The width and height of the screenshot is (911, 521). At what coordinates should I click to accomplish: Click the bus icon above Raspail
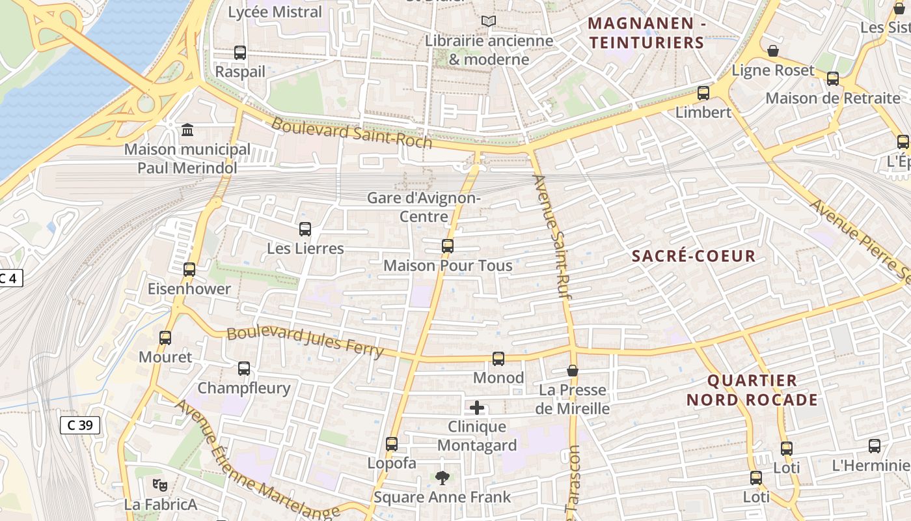pyautogui.click(x=240, y=53)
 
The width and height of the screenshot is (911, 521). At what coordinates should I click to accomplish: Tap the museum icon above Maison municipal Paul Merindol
pyautogui.click(x=187, y=130)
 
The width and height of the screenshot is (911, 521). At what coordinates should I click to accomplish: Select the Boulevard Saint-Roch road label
pyautogui.click(x=351, y=133)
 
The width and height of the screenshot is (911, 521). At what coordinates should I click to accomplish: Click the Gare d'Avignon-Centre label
pyautogui.click(x=424, y=207)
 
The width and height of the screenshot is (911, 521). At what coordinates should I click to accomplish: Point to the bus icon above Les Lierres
pyautogui.click(x=305, y=229)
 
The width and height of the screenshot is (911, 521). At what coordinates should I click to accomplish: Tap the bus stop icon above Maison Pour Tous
pyautogui.click(x=448, y=246)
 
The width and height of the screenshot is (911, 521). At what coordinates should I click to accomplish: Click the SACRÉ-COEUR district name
pyautogui.click(x=694, y=256)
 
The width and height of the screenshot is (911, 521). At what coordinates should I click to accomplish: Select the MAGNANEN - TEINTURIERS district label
pyautogui.click(x=646, y=33)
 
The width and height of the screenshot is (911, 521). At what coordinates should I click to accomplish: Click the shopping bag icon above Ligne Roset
pyautogui.click(x=773, y=51)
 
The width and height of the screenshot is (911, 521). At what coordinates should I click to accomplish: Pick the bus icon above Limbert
pyautogui.click(x=703, y=93)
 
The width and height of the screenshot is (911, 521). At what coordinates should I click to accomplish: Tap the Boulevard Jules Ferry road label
pyautogui.click(x=305, y=341)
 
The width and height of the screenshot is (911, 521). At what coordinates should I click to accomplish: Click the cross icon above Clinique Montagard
pyautogui.click(x=477, y=408)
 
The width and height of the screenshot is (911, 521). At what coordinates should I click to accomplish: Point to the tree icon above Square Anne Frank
pyautogui.click(x=442, y=478)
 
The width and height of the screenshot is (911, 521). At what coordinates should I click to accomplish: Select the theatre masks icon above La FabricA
pyautogui.click(x=160, y=485)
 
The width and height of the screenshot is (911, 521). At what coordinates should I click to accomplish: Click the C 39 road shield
pyautogui.click(x=80, y=425)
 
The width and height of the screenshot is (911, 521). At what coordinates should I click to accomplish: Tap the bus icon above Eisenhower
pyautogui.click(x=189, y=270)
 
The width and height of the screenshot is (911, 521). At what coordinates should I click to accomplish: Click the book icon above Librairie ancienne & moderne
pyautogui.click(x=489, y=21)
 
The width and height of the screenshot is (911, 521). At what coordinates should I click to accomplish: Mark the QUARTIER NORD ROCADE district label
pyautogui.click(x=752, y=390)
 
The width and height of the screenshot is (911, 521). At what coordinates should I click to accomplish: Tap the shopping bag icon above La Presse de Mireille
pyautogui.click(x=573, y=371)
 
